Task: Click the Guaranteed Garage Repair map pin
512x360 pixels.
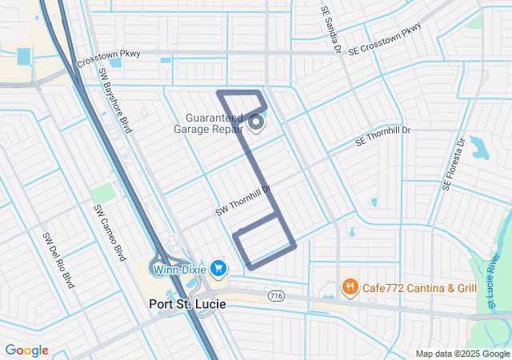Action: pos(256,122)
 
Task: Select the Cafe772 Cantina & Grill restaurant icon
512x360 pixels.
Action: pos(349,287)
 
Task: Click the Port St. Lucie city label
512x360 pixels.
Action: pos(187,304)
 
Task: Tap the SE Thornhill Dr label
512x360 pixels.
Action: pos(382,137)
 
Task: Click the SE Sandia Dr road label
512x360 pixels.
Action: pos(331,30)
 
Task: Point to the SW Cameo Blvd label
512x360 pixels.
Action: pos(110,232)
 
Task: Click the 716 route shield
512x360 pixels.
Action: pos(278,295)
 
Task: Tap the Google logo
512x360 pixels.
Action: pos(27,350)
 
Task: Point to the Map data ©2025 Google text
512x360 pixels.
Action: pos(461,354)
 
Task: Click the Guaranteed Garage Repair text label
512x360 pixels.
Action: pos(210,125)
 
